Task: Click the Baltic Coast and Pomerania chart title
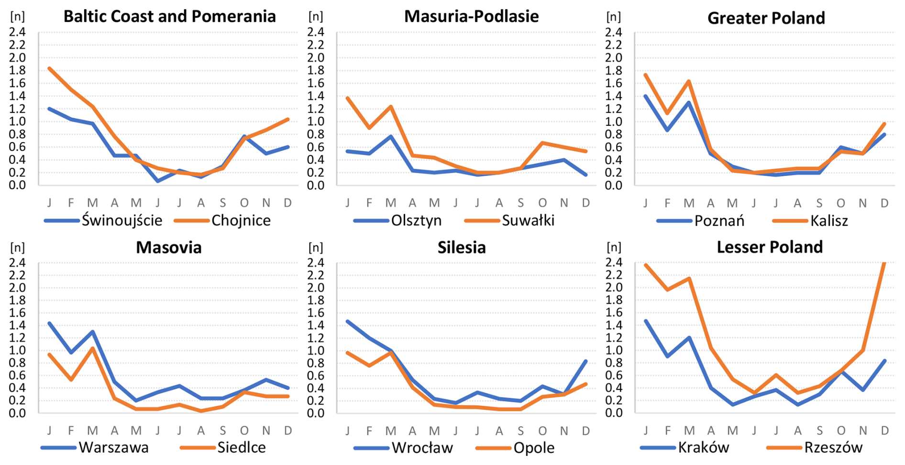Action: (169, 16)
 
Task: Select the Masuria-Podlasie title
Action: (471, 16)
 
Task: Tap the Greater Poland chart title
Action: (766, 18)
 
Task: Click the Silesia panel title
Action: (462, 247)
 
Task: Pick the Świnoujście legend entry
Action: (121, 221)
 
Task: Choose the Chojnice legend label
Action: (241, 221)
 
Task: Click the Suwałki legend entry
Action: (528, 221)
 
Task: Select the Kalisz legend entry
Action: (828, 221)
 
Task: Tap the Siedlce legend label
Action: (241, 448)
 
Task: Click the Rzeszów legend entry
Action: (833, 448)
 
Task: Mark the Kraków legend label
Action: (703, 448)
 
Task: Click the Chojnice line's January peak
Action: (49, 68)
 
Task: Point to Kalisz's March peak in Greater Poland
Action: (689, 81)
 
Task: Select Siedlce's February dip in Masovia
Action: (71, 379)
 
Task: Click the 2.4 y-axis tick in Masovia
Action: (17, 263)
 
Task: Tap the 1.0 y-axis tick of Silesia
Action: (316, 351)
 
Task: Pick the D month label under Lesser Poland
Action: (884, 431)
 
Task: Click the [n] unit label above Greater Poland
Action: (614, 17)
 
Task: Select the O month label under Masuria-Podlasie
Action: (542, 203)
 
